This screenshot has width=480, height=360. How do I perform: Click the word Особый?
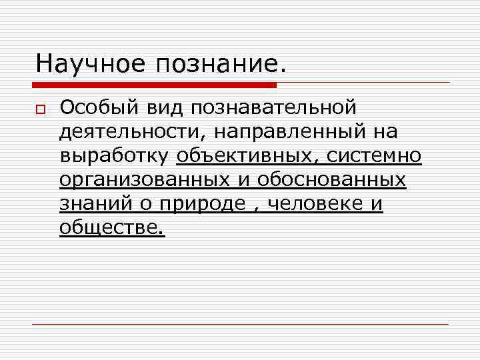pos(97,107)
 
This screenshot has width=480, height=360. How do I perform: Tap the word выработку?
pos(115,157)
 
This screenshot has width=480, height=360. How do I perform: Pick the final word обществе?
pos(111,228)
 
